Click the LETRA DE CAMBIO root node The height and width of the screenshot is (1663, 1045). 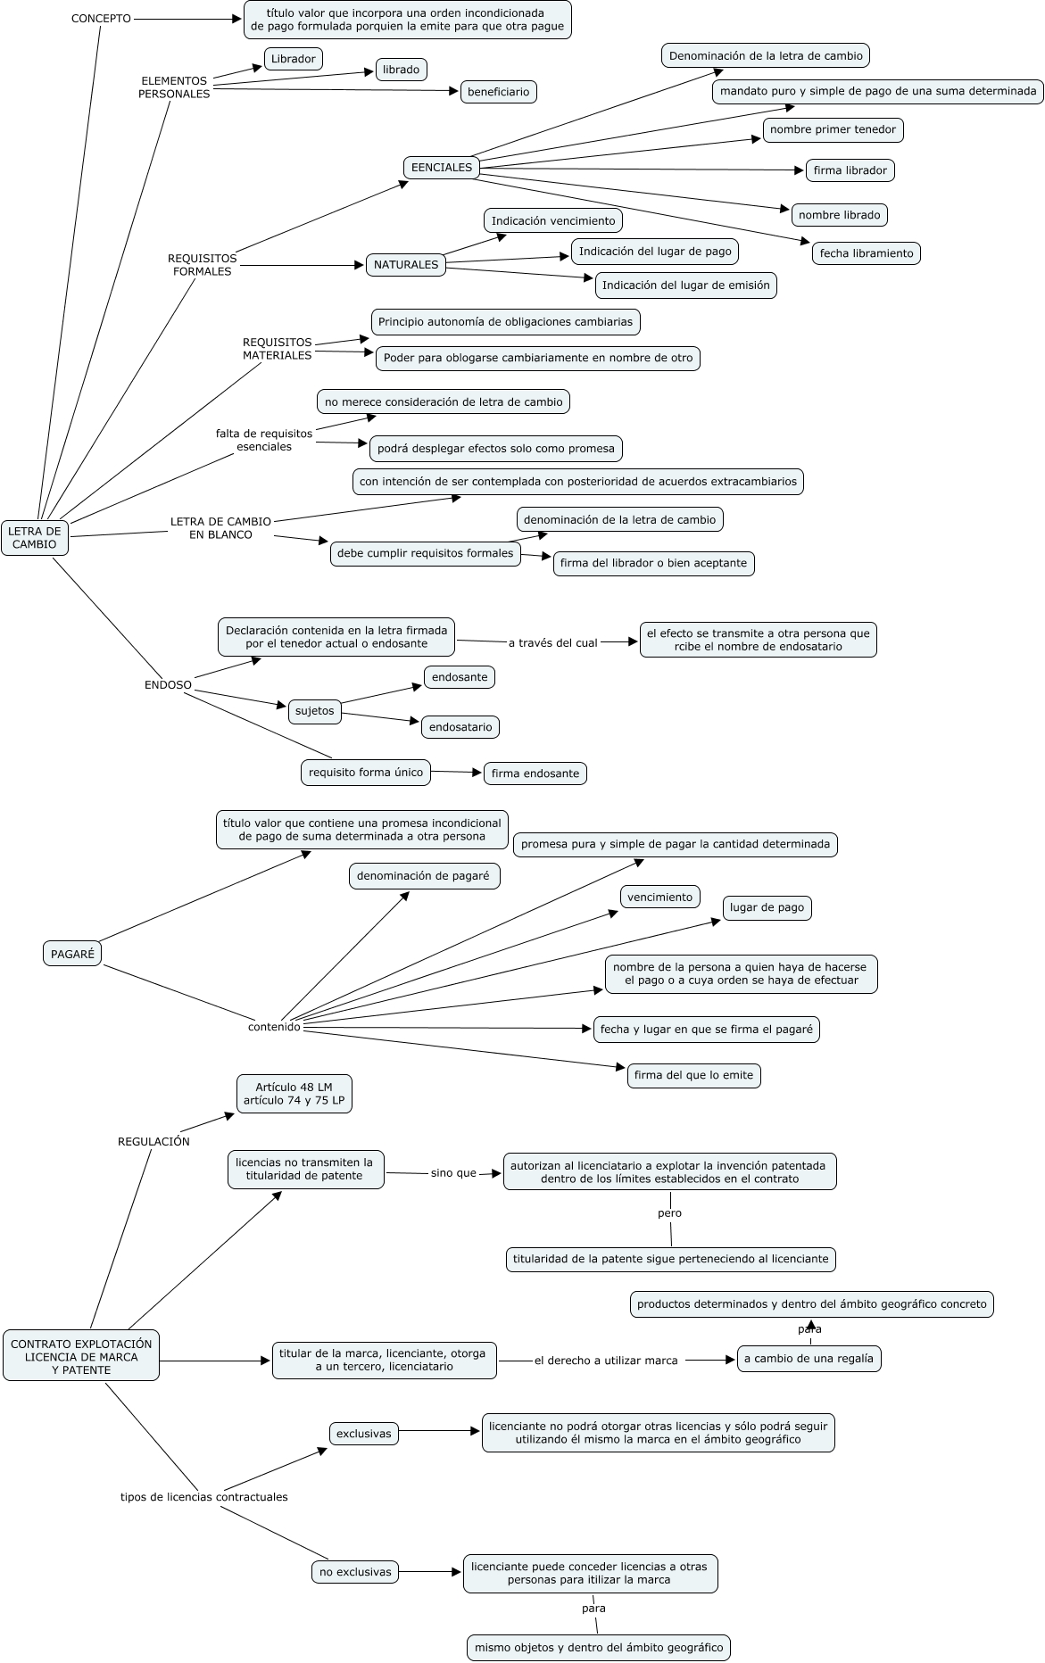[x=35, y=537]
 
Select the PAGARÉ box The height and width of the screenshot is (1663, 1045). [x=72, y=954]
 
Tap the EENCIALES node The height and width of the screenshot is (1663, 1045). [x=442, y=167]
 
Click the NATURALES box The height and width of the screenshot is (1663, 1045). [x=406, y=265]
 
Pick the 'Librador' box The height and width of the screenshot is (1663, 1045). [x=294, y=59]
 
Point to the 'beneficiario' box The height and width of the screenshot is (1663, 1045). [x=498, y=92]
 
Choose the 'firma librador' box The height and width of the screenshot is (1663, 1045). [x=850, y=170]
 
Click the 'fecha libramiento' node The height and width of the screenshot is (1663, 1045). [x=866, y=253]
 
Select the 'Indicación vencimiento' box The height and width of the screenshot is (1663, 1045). [x=553, y=220]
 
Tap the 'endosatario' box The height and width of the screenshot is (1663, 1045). [x=460, y=727]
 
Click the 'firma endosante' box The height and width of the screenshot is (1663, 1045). [x=535, y=774]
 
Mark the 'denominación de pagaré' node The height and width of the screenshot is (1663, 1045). [x=423, y=876]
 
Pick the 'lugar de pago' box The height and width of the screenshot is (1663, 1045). [x=767, y=908]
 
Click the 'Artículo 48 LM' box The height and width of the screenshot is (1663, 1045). [x=294, y=1094]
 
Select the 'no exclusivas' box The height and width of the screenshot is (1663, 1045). [x=355, y=1572]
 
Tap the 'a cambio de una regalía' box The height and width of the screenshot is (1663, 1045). [x=809, y=1359]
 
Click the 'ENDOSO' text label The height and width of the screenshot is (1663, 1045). [x=168, y=685]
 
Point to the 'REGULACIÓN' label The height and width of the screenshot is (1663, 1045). [x=153, y=1141]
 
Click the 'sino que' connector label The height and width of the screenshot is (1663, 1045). [x=453, y=1173]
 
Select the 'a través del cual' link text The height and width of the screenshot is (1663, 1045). [x=552, y=642]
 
